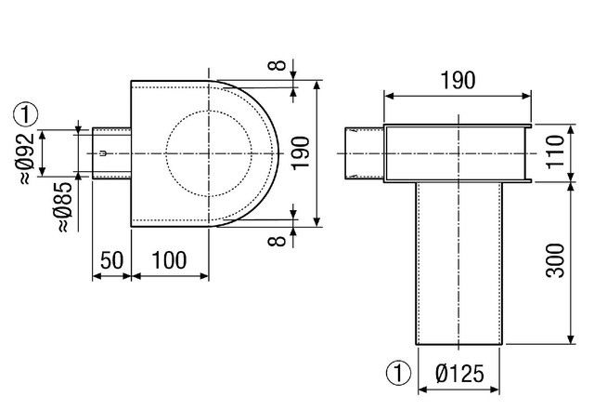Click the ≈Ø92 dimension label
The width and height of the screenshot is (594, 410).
(x=27, y=158)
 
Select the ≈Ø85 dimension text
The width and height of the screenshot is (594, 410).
(x=64, y=207)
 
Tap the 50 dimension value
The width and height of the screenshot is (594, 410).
(x=111, y=260)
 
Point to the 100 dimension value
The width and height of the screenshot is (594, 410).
(x=169, y=260)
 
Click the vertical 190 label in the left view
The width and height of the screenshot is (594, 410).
(x=301, y=153)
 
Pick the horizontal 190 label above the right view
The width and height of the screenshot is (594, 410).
(x=458, y=80)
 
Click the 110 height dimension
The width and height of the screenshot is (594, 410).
(x=555, y=152)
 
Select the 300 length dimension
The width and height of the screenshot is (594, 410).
(x=555, y=260)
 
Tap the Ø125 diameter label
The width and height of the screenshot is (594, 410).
(x=460, y=373)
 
